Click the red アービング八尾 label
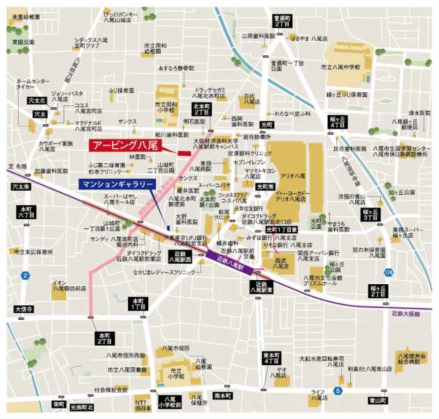coord(124,145)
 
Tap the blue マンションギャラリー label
coord(117,184)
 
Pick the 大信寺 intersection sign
coord(24,308)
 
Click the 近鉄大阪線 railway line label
coord(405,314)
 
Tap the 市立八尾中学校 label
coord(340,67)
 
